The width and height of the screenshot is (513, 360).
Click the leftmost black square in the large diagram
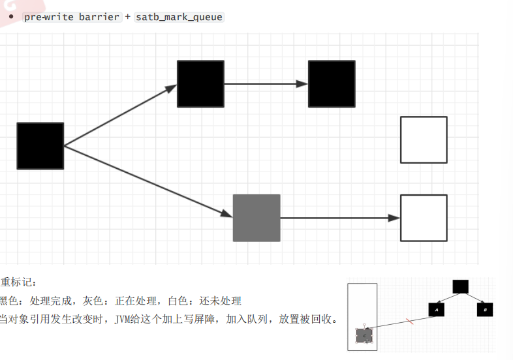(40, 146)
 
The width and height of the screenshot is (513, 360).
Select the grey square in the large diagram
(256, 218)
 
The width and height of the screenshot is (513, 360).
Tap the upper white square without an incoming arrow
(424, 140)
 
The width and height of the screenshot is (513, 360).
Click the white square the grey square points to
(424, 218)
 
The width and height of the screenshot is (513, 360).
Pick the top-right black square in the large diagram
(332, 83)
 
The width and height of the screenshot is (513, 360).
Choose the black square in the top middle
(200, 83)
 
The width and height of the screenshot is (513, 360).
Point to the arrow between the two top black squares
(266, 83)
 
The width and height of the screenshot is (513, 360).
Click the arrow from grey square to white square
(339, 218)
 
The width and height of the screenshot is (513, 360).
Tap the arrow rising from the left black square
(121, 115)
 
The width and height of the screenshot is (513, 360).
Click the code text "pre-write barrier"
(72, 17)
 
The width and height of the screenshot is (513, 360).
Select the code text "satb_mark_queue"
(179, 17)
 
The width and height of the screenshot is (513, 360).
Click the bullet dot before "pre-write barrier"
(11, 16)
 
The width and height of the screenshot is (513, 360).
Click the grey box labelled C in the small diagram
(365, 335)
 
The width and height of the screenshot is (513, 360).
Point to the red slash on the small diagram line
(409, 321)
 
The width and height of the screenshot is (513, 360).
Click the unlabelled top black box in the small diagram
(460, 286)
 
